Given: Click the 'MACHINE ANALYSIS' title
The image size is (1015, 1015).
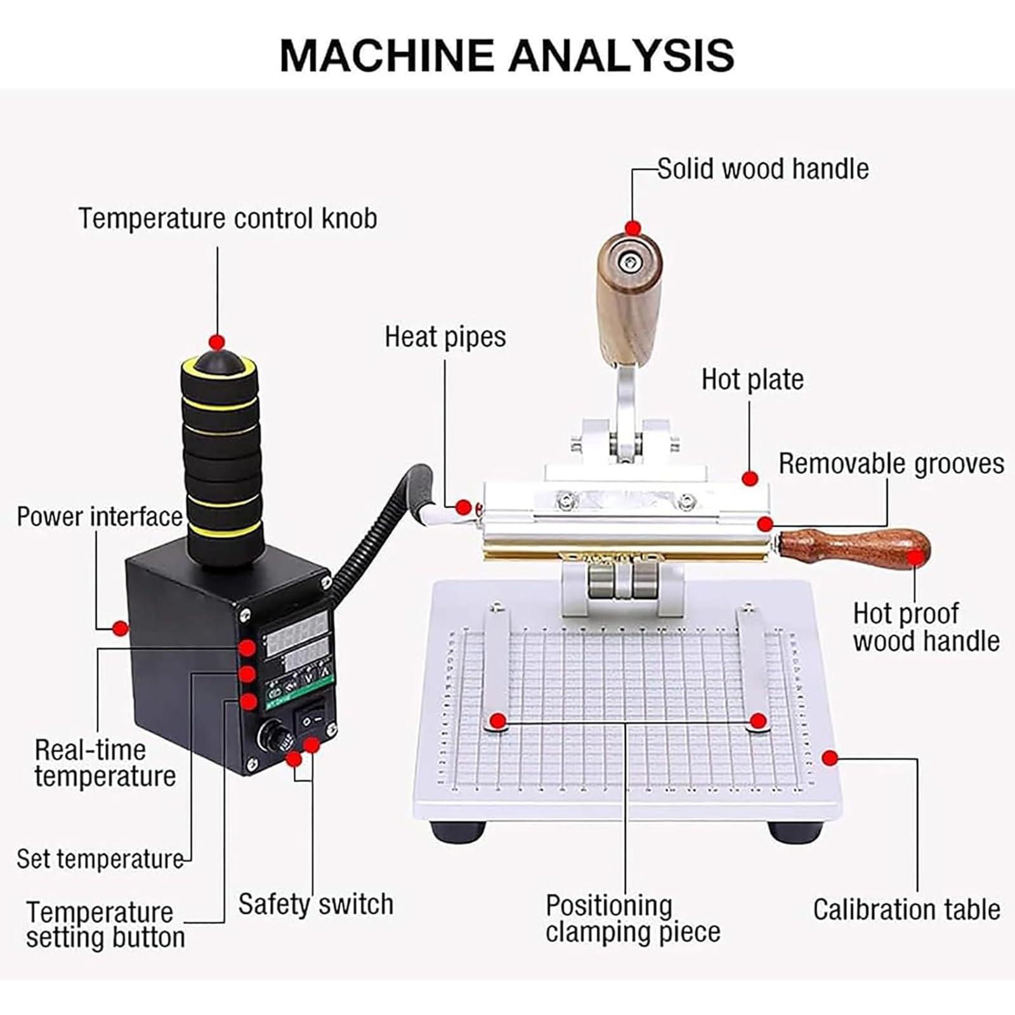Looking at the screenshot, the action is point(507,55).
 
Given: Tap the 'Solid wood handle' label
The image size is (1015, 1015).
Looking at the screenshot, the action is point(763,169).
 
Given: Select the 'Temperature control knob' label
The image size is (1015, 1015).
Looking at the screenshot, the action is point(228,218).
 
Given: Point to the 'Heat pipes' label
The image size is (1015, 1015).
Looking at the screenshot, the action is point(445,337).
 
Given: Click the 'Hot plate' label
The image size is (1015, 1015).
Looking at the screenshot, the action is point(752,379).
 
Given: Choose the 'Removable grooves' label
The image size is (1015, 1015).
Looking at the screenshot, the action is point(891,464).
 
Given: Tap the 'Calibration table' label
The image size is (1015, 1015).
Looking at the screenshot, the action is point(907,910).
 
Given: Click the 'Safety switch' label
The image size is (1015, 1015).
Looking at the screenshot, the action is point(316,904).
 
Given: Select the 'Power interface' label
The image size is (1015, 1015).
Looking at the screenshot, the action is point(100,516).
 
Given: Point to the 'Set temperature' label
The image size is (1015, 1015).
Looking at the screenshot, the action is point(100,859).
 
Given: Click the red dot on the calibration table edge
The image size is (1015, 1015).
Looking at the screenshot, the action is point(830,757).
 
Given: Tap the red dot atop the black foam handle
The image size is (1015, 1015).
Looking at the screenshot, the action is point(218,343).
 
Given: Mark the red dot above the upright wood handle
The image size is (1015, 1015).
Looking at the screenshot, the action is point(632,228).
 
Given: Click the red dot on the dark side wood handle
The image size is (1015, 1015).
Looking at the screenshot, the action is point(914,558).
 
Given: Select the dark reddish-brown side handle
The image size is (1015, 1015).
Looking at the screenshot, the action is point(854,549).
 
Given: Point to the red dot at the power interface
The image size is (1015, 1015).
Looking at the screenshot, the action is point(119,629).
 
